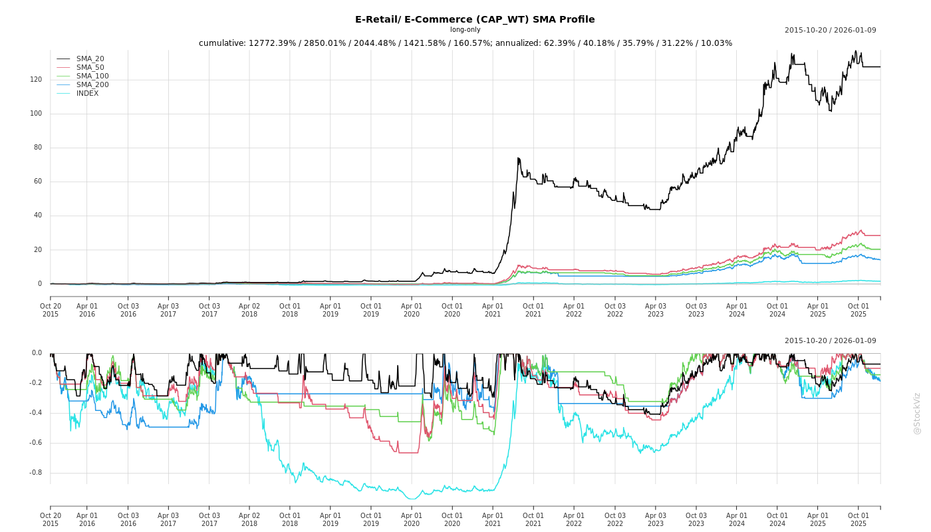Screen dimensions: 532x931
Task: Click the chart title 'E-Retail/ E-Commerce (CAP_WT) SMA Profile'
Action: click(475, 19)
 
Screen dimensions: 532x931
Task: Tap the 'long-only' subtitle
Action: click(465, 30)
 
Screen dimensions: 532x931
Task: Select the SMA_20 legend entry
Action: click(90, 59)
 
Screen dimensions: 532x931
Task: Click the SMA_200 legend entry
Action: click(92, 85)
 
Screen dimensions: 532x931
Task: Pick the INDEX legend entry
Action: click(87, 94)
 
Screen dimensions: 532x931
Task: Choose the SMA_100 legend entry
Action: click(92, 76)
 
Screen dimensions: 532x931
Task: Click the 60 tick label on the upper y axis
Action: click(37, 182)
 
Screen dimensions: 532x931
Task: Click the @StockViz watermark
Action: click(917, 413)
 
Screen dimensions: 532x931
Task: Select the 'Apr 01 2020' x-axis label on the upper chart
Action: click(412, 310)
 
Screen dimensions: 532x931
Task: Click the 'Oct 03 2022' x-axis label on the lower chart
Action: click(614, 519)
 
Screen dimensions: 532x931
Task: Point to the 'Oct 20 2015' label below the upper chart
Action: click(51, 310)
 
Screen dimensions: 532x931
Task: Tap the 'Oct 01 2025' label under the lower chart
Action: click(859, 519)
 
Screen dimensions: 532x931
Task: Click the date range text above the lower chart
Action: click(830, 341)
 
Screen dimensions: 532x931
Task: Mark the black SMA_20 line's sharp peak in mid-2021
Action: click(518, 158)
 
